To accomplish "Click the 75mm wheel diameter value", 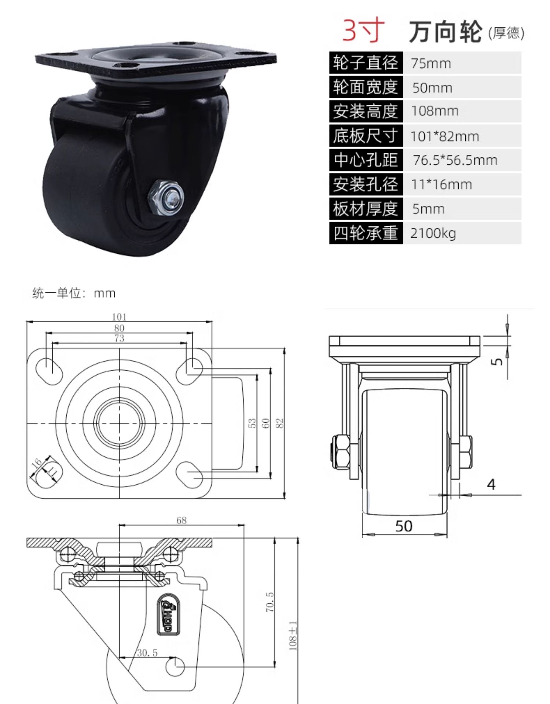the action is point(431,63).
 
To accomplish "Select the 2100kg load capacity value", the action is point(433,233).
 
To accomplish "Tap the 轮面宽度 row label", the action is point(366,87).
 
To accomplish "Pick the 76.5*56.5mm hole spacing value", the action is point(455,160).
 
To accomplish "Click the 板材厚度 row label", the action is point(366,209).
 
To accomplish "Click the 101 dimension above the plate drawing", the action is point(119,317).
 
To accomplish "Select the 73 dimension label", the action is point(120,338).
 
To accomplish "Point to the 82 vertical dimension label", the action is point(279,423).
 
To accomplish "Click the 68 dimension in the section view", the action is point(181,520).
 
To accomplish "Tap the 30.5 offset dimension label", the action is point(147,653).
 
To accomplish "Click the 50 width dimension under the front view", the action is point(404,527).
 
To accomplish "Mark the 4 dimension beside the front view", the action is point(491,484).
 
